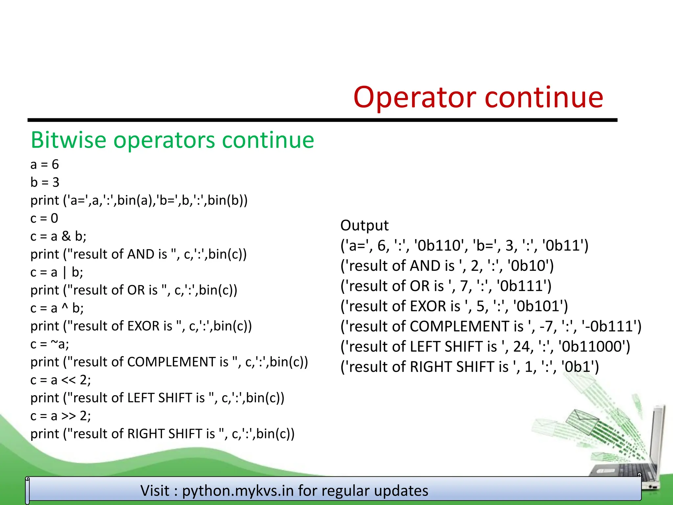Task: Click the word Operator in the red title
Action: [x=415, y=98]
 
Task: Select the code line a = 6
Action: [x=45, y=164]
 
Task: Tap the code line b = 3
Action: [x=45, y=182]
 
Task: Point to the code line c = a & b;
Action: [x=58, y=236]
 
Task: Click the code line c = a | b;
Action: [x=57, y=272]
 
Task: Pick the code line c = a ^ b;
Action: [x=57, y=308]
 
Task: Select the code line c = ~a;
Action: [x=50, y=344]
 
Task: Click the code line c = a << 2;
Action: [x=60, y=380]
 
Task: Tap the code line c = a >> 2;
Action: [x=60, y=416]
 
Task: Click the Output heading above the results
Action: [x=364, y=226]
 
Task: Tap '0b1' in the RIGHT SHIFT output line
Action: [x=580, y=367]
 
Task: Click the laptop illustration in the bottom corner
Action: [x=631, y=460]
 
